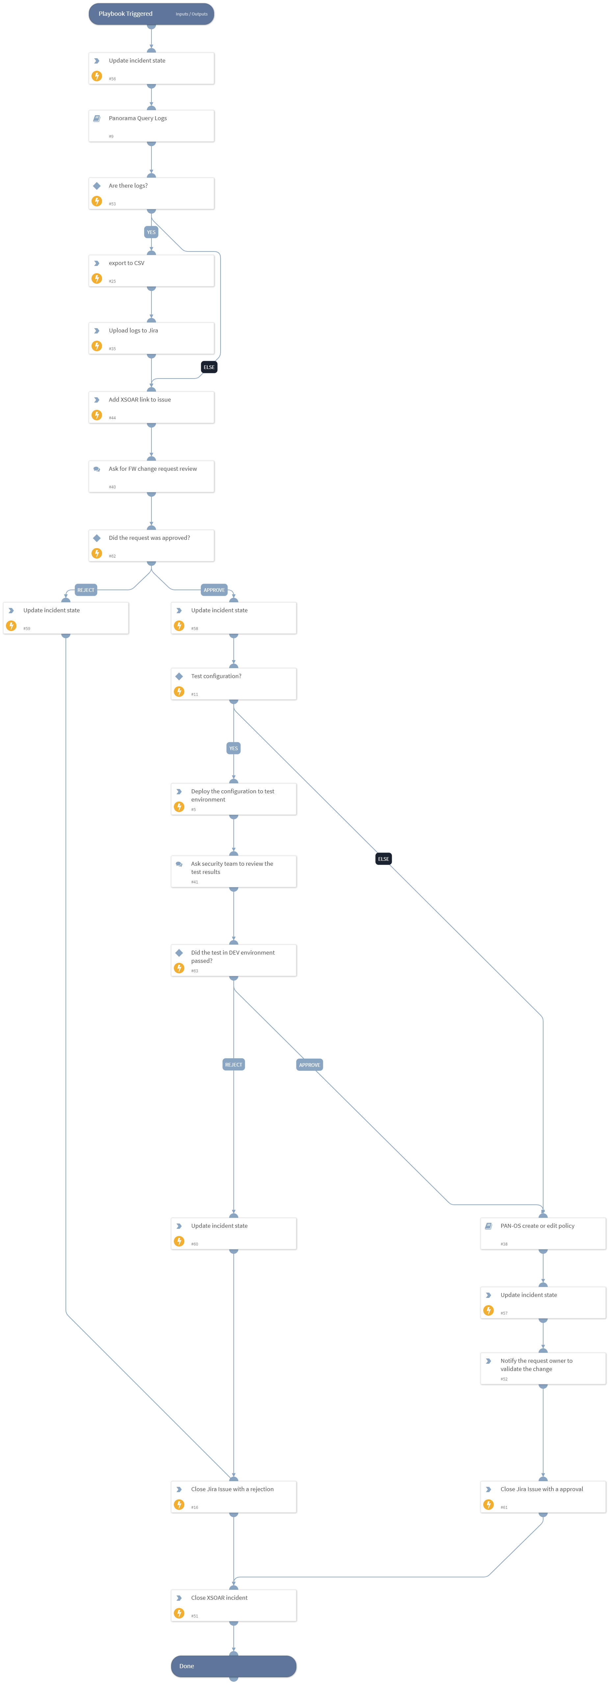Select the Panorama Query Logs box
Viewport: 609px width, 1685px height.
tap(151, 126)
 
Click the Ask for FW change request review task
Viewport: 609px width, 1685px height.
tap(151, 476)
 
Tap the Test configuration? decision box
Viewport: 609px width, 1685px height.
tap(233, 684)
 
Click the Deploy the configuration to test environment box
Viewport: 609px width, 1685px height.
tap(233, 799)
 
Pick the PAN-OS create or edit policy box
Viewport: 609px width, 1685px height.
tap(543, 1233)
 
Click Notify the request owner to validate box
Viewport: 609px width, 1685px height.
tap(543, 1368)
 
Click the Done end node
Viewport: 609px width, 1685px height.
tap(233, 1666)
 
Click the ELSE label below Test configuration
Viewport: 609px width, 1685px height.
tap(383, 859)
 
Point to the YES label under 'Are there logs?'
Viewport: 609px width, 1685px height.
tap(151, 232)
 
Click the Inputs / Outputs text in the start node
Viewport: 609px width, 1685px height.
tap(192, 14)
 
